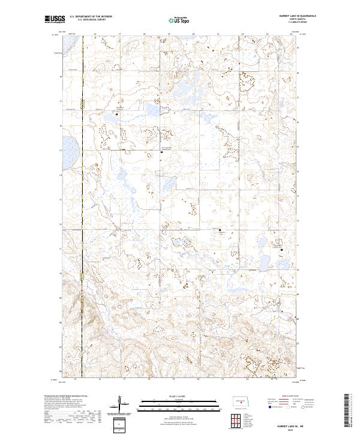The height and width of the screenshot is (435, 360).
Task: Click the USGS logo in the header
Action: click(x=52, y=20)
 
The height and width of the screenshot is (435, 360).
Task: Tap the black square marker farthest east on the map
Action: click(x=281, y=248)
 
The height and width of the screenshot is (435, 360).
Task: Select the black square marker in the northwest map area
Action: click(x=117, y=114)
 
